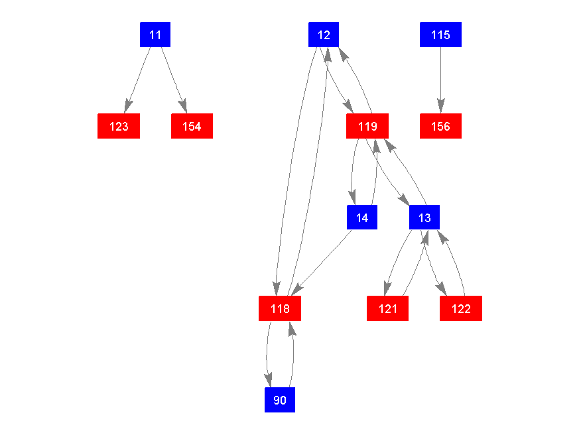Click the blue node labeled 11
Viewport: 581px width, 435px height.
(x=155, y=34)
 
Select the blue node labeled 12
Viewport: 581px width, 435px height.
(x=324, y=34)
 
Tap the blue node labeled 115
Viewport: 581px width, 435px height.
(x=440, y=34)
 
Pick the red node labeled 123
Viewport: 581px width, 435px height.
(x=119, y=126)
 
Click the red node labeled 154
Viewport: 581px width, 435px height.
(x=192, y=126)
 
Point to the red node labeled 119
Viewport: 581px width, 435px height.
(x=367, y=126)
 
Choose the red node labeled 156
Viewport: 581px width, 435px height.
(x=440, y=126)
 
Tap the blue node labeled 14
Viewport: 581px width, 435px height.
(x=362, y=217)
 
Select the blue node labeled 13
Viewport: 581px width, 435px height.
(x=424, y=217)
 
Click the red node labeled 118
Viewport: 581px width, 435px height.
(x=279, y=308)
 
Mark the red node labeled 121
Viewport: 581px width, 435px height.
(x=388, y=308)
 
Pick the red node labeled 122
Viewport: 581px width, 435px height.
(x=461, y=308)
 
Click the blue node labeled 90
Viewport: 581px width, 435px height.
(x=280, y=400)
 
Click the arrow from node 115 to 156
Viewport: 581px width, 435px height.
(x=440, y=76)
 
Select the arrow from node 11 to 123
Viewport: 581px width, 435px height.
(x=139, y=76)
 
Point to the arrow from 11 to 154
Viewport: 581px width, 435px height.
(x=172, y=76)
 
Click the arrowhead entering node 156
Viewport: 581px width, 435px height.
(x=440, y=107)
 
